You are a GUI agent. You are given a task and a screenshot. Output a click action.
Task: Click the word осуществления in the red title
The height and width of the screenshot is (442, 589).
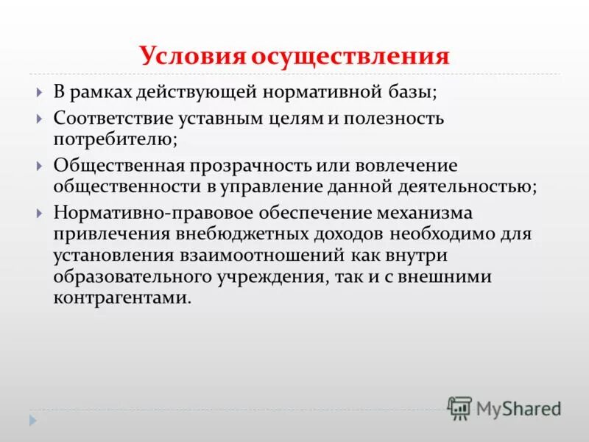351,57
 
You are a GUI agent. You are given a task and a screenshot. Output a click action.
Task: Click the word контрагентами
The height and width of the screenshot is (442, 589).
121,298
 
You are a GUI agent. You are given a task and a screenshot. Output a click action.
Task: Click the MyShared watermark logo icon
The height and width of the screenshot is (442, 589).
460,407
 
